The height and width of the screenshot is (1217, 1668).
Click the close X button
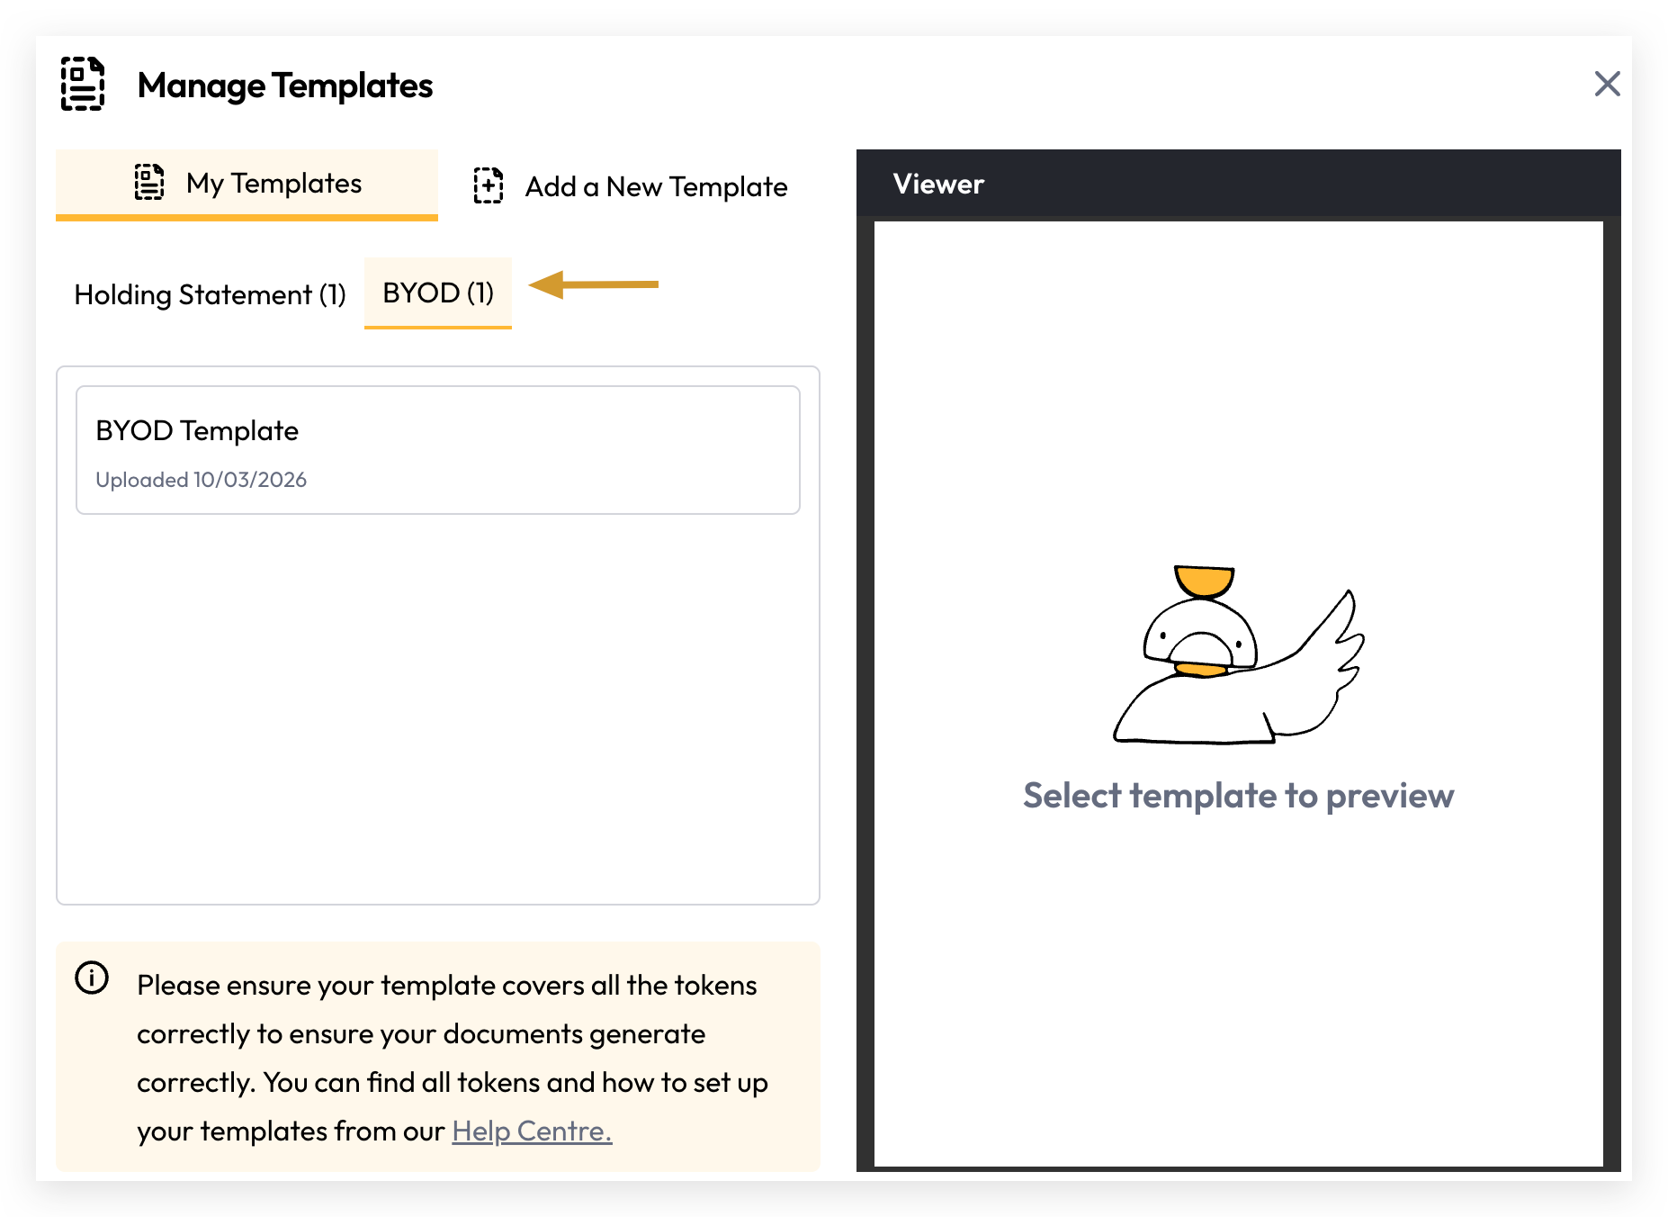click(x=1607, y=84)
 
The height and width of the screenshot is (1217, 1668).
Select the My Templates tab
click(x=247, y=184)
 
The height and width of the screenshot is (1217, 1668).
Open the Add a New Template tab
click(x=630, y=186)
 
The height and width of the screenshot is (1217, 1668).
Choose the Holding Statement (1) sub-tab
click(x=210, y=294)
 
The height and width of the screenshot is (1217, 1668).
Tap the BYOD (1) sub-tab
click(x=438, y=293)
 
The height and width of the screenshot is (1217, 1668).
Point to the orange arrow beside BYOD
click(x=593, y=284)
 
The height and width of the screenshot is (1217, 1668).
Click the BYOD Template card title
click(x=197, y=430)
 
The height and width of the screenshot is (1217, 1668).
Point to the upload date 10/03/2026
click(x=250, y=480)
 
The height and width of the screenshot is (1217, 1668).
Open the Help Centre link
click(x=532, y=1131)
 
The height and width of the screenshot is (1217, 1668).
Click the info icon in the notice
click(x=92, y=978)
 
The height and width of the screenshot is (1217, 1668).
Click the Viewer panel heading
click(x=938, y=184)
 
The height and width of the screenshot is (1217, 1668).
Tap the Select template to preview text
click(x=1238, y=796)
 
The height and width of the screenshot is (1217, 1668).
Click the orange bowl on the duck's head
click(x=1204, y=581)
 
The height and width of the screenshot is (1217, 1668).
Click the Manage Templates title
click(x=285, y=86)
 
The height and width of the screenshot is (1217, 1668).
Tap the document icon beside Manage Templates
click(x=83, y=84)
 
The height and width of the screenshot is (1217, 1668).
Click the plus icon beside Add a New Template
click(x=489, y=185)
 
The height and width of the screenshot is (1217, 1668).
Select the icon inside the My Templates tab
click(x=149, y=182)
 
